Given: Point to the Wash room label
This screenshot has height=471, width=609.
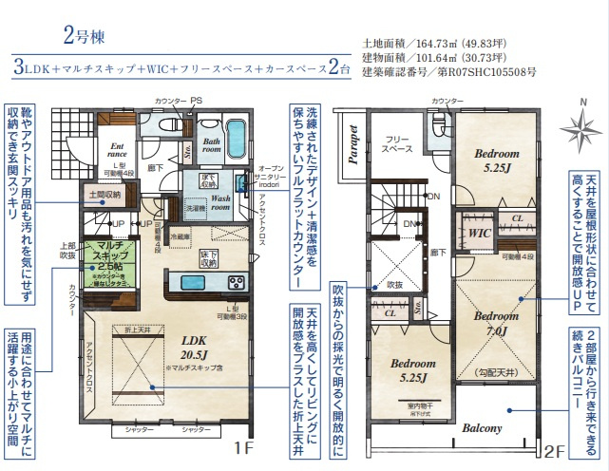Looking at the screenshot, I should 222,200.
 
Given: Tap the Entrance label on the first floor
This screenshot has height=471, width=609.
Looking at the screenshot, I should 118,149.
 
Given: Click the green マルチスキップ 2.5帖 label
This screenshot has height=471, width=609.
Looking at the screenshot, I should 110,262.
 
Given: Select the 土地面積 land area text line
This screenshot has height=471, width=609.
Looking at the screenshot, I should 426,43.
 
